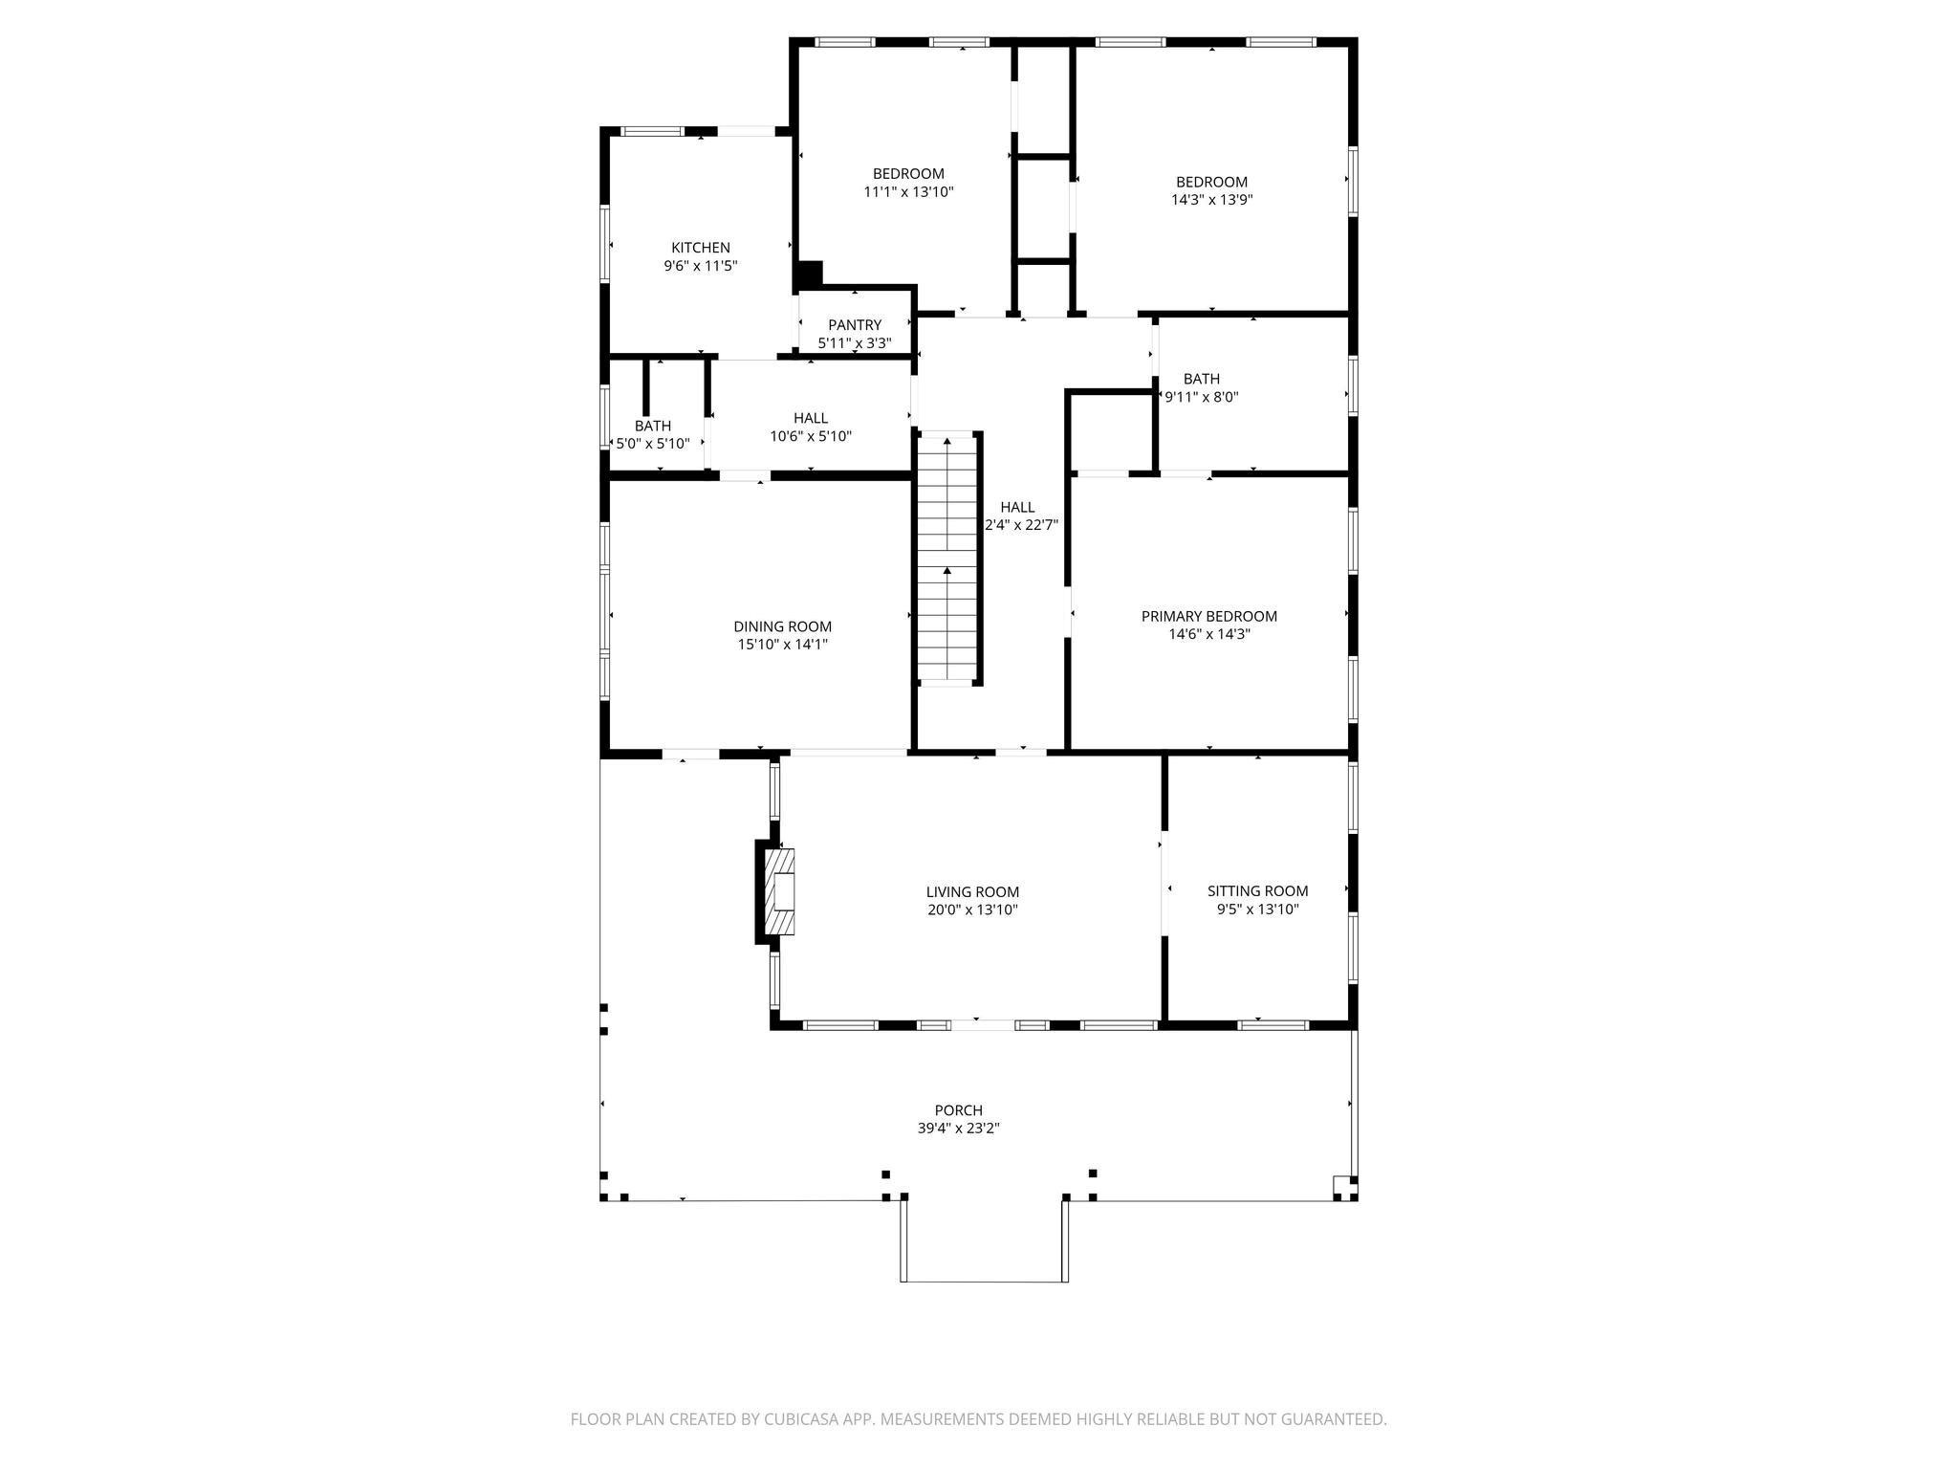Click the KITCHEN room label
click(700, 248)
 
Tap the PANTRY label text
click(855, 325)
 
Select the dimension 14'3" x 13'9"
click(1211, 200)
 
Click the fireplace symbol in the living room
click(779, 891)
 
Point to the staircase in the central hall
click(947, 559)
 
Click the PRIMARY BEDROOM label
click(1208, 616)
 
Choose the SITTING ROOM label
click(1257, 890)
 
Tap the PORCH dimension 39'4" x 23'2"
click(958, 1129)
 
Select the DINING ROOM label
click(782, 626)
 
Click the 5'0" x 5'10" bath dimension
click(652, 444)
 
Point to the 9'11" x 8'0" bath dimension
click(1202, 397)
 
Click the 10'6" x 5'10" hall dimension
click(811, 436)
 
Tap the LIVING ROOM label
click(972, 891)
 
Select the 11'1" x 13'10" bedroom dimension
click(908, 191)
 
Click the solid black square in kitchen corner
click(809, 274)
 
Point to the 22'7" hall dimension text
click(1022, 525)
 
